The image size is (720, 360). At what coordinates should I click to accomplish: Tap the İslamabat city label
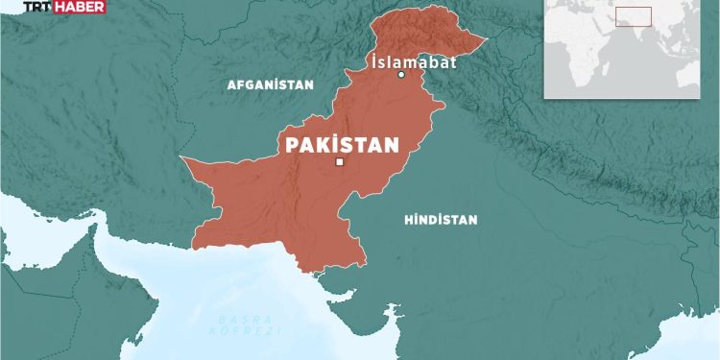click(412, 62)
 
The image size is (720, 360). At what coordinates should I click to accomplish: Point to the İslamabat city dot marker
click(402, 75)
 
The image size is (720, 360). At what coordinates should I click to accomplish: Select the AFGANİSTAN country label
click(270, 84)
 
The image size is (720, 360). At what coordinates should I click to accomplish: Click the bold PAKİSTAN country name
click(342, 145)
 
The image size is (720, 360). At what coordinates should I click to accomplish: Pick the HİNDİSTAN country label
click(441, 220)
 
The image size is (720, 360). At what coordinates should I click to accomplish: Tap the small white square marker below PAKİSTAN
click(339, 163)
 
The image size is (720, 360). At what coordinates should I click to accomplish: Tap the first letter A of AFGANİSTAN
click(230, 84)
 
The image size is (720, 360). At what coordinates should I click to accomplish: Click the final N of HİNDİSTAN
click(473, 220)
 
